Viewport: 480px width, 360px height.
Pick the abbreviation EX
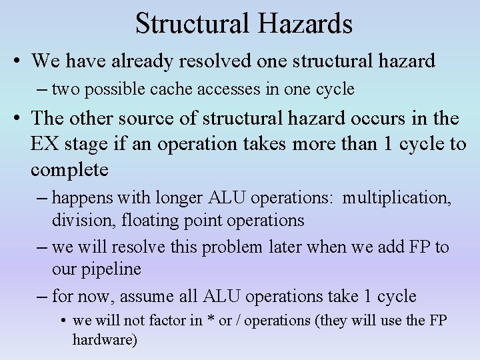[44, 144]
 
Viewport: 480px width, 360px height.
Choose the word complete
[69, 170]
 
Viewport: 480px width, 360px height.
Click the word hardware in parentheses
[102, 339]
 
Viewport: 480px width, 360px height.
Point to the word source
[173, 119]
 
